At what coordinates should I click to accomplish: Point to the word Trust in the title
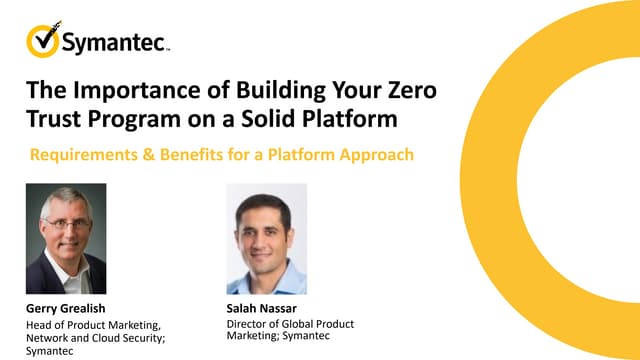tap(53, 121)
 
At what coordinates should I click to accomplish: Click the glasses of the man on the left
tap(66, 222)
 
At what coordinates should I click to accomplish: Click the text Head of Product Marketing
tap(90, 324)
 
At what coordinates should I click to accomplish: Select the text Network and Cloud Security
tap(90, 337)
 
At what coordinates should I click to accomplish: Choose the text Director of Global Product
tap(291, 324)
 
